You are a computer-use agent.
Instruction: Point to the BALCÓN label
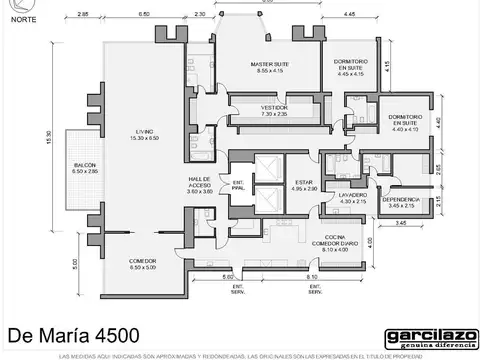coord(86,168)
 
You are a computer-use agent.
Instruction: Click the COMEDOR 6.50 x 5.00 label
coord(143,264)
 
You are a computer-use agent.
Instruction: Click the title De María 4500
coord(72,332)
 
